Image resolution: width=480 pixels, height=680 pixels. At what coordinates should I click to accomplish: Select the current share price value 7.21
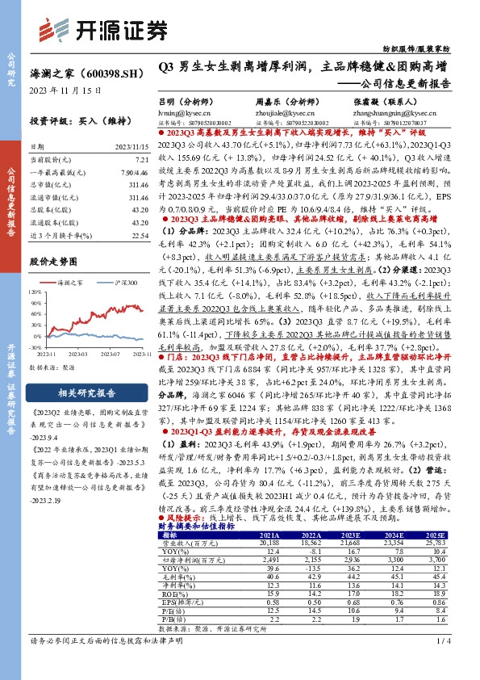tap(142, 161)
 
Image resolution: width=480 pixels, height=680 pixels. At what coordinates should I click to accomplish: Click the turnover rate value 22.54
tap(140, 258)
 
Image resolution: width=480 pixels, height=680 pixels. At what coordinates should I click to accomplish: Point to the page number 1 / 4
tap(441, 664)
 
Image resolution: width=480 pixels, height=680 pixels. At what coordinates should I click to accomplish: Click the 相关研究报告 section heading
tap(78, 392)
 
